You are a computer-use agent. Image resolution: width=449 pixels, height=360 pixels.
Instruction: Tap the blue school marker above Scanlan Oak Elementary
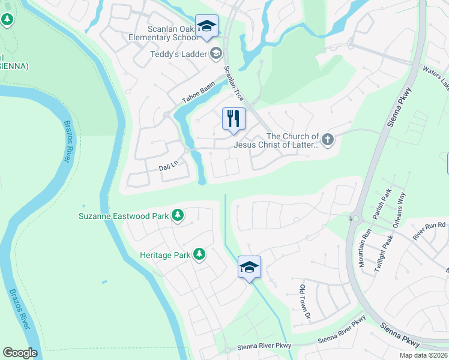206,26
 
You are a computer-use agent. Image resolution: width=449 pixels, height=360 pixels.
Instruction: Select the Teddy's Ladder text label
178,54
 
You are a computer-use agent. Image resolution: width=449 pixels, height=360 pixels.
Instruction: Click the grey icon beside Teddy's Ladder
215,54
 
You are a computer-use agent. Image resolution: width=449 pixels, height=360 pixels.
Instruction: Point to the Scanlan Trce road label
234,83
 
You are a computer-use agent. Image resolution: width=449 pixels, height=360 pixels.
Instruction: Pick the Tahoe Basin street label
199,94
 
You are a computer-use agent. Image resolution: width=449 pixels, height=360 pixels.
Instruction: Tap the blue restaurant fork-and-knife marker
234,118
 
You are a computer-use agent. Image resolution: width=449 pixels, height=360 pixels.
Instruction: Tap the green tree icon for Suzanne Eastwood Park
178,215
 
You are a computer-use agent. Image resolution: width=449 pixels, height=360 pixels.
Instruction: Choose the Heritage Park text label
165,255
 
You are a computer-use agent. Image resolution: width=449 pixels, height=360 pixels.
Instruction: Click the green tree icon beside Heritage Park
199,255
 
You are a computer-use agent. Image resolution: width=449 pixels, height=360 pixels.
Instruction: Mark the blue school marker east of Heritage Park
249,268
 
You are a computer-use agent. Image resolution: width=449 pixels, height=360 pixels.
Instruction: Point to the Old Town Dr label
306,302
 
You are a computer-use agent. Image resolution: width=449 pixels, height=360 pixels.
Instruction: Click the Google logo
20,353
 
